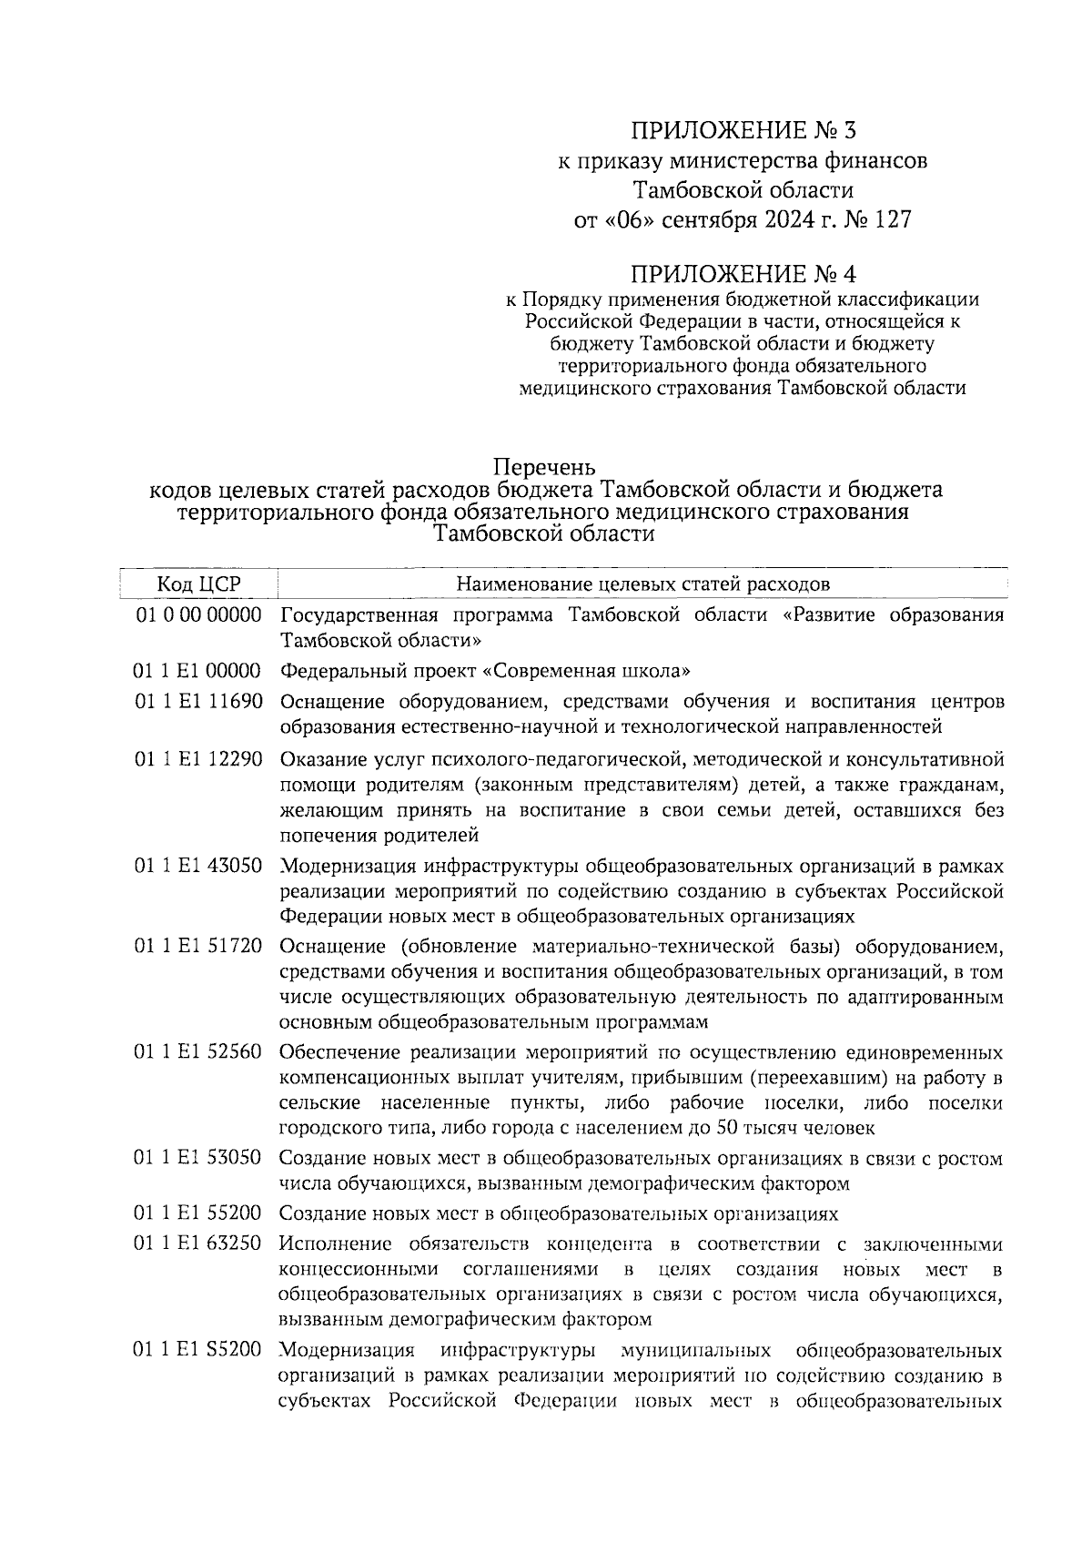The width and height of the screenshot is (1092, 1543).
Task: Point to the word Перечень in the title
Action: (x=546, y=468)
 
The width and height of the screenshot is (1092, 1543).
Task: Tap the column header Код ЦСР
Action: (x=198, y=584)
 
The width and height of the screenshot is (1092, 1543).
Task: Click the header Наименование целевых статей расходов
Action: (x=642, y=584)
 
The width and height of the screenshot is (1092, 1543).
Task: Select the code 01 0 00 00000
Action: (x=198, y=615)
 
